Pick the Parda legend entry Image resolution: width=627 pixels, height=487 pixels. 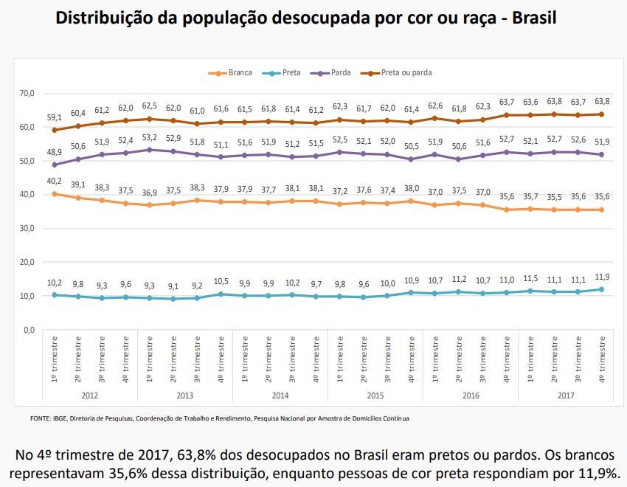click(340, 72)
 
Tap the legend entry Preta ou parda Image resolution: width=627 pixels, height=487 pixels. click(406, 72)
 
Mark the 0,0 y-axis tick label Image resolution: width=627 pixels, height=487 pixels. click(28, 330)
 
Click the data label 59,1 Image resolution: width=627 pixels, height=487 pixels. click(55, 117)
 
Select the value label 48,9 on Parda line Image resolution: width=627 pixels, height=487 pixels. click(55, 151)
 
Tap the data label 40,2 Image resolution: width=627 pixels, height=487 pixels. click(55, 181)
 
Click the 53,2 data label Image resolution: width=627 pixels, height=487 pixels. click(150, 137)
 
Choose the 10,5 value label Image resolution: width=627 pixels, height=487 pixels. click(221, 280)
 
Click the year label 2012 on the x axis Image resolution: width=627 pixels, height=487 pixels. click(90, 395)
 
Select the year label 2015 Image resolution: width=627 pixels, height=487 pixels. click(375, 395)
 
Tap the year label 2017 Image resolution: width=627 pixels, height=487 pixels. click(566, 395)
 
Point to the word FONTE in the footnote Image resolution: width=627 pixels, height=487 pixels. click(41, 418)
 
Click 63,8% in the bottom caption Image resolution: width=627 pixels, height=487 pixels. click(193, 454)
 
